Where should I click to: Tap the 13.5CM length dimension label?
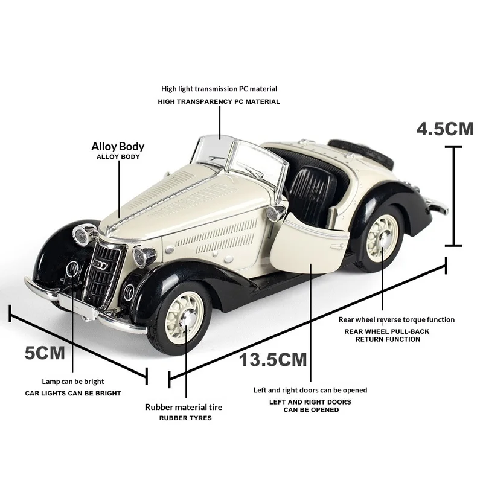coord(273,360)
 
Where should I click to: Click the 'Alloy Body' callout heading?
coord(118,146)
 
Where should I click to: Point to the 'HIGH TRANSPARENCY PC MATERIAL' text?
coord(219,101)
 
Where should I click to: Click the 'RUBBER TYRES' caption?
coord(185,418)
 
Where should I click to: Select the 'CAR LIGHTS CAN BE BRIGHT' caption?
coord(72,393)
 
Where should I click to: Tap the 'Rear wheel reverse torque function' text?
coord(396,319)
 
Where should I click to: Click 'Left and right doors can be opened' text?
coord(310,390)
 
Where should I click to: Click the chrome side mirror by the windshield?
coord(277,212)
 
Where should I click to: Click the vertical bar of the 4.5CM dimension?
coord(453,196)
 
